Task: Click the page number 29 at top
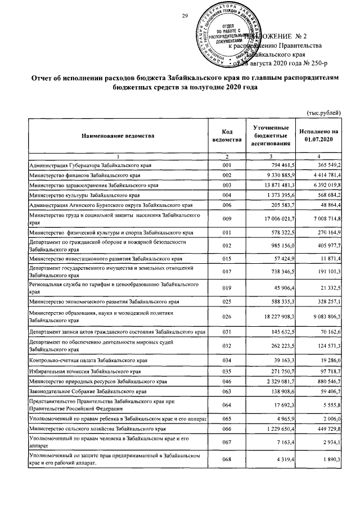184,15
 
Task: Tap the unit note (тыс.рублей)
323,113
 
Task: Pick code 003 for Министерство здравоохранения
227,185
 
